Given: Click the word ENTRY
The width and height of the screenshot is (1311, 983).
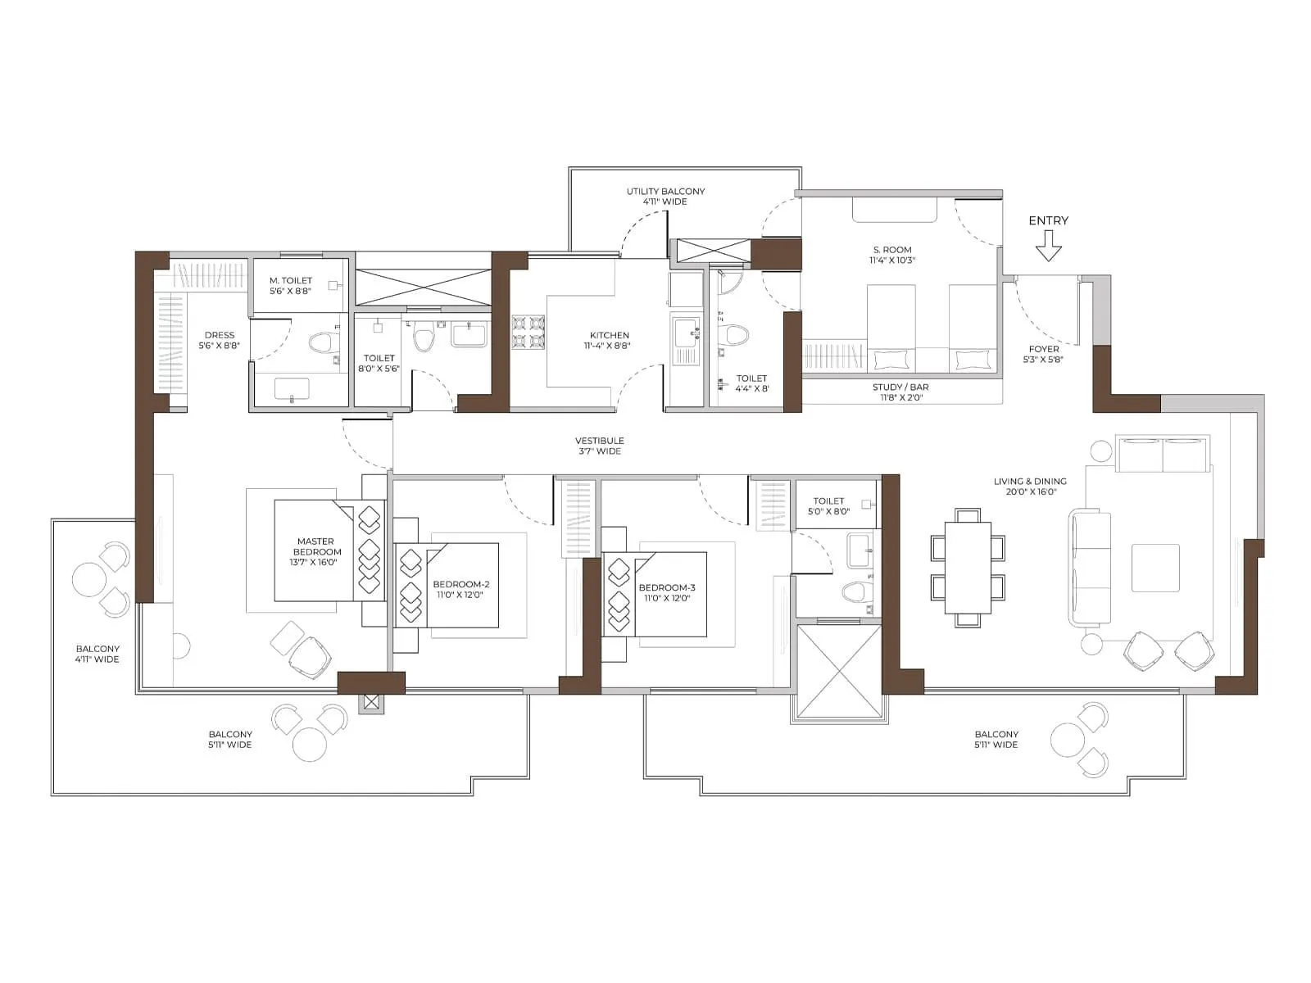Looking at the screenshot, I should point(1048,220).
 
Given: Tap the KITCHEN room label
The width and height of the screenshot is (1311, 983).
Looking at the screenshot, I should point(610,335).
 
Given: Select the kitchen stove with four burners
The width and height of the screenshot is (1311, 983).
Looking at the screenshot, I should point(528,332).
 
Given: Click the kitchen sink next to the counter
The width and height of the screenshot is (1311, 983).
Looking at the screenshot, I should point(684,333).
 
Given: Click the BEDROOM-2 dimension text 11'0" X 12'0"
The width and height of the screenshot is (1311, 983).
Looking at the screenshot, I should point(460,595).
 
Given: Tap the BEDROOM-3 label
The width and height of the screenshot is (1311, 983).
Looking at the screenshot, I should point(667,587).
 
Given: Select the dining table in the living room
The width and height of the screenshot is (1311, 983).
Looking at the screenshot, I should point(968,568).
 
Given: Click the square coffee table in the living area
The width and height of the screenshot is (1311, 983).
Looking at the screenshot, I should point(1155,568).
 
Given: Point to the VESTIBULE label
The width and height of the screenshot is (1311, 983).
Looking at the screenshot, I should point(599,441).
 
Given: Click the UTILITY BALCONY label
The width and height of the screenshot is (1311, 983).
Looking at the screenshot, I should point(665,192).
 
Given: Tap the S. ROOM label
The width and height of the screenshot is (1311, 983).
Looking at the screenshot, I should point(892,250).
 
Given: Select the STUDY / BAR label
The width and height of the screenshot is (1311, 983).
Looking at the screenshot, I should point(900,387).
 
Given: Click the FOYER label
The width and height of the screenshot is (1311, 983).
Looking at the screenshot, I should point(1044,349).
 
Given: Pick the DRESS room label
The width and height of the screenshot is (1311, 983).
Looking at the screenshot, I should point(220,335).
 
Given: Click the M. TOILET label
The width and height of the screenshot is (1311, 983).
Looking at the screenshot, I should point(291,280).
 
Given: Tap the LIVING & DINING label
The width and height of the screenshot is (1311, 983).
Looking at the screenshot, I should point(1030,482).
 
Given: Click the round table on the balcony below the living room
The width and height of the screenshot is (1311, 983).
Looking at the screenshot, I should point(1068,740).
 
